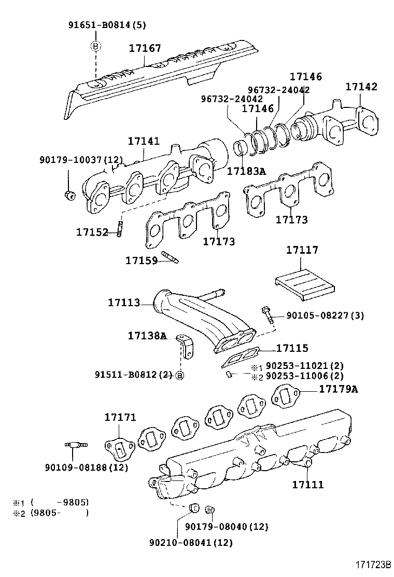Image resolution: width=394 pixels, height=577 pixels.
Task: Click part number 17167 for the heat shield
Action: (x=145, y=48)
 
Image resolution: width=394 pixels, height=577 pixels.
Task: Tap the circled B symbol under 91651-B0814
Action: (x=96, y=46)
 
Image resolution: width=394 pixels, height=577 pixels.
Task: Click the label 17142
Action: (x=361, y=87)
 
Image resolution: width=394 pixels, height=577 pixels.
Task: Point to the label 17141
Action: (x=144, y=141)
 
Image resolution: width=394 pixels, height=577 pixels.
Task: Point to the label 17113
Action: (x=124, y=301)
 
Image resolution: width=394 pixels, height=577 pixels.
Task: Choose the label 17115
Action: (x=292, y=348)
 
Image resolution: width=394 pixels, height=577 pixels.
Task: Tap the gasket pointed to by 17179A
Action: (x=285, y=395)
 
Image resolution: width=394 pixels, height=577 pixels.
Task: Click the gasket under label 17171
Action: (x=120, y=447)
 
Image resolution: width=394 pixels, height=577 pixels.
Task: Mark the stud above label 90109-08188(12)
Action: (x=75, y=445)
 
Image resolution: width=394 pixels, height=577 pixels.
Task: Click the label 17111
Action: (x=307, y=484)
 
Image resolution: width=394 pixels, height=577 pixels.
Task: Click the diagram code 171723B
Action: (x=372, y=565)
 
